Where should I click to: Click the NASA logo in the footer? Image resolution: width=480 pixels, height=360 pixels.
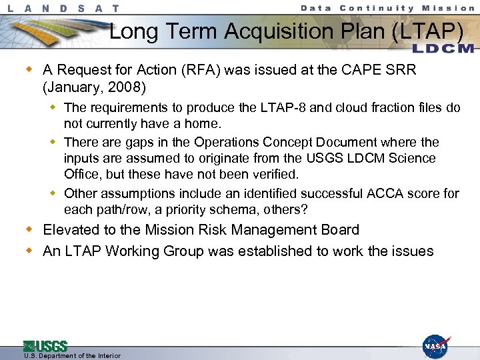(436, 347)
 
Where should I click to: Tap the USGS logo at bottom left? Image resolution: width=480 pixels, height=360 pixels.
(45, 346)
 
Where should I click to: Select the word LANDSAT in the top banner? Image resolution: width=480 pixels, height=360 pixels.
(65, 8)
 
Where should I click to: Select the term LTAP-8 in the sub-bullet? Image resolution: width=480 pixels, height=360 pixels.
(289, 107)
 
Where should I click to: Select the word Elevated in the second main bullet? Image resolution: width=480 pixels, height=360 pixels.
(71, 230)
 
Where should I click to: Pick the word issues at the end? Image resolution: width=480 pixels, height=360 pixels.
(412, 251)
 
